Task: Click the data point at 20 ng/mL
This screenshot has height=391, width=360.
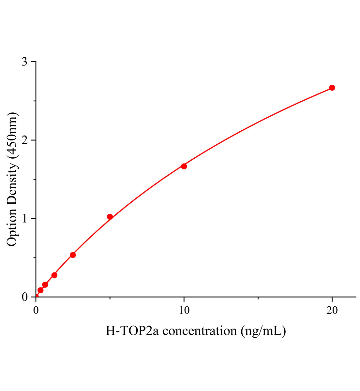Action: click(332, 88)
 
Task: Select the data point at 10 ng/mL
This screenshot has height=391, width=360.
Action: click(184, 166)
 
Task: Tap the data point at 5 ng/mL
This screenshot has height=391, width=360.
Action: click(110, 217)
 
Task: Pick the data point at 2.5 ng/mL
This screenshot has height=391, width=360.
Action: click(73, 255)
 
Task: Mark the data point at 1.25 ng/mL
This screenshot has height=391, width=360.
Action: click(54, 275)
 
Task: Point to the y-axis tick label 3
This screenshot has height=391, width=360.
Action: click(24, 62)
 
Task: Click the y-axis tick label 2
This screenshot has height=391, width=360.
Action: click(24, 140)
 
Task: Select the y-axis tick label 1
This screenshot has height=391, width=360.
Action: click(24, 219)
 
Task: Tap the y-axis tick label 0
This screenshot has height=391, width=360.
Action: click(24, 297)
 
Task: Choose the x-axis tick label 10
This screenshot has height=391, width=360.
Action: click(184, 310)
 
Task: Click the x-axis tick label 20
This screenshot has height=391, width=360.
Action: click(332, 310)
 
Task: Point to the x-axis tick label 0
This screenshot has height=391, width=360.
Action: click(36, 310)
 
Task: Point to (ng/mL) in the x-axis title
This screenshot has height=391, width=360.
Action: click(263, 331)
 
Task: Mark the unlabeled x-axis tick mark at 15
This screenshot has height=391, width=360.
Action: click(258, 298)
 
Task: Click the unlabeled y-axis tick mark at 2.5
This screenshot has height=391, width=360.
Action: click(35, 101)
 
